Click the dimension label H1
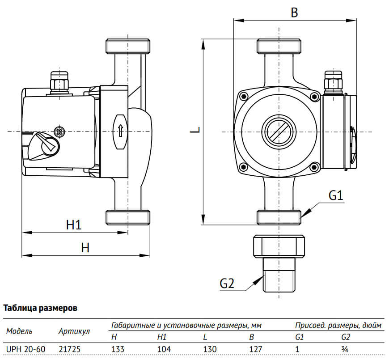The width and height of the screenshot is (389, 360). click(74, 224)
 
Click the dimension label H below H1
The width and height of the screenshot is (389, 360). click(85, 247)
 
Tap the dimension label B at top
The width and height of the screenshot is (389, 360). click(294, 13)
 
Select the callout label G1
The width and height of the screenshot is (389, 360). click(335, 195)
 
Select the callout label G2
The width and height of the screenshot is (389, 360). click(227, 283)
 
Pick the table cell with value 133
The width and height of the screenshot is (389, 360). click(117, 349)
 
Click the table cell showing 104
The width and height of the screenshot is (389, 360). click(165, 349)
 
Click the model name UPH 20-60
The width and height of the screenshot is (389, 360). click(21, 349)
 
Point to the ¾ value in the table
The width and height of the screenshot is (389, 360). click(344, 349)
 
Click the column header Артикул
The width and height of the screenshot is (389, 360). click(74, 331)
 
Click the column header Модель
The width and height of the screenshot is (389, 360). click(19, 331)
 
